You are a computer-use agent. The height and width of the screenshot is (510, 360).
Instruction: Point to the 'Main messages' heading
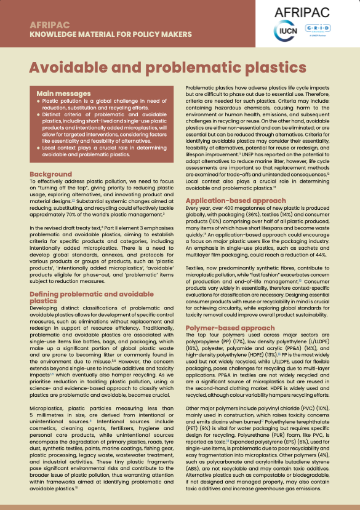[63, 94]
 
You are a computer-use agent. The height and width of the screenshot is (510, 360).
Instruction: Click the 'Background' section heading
[50, 175]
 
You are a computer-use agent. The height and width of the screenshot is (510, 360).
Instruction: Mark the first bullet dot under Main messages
[38, 100]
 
